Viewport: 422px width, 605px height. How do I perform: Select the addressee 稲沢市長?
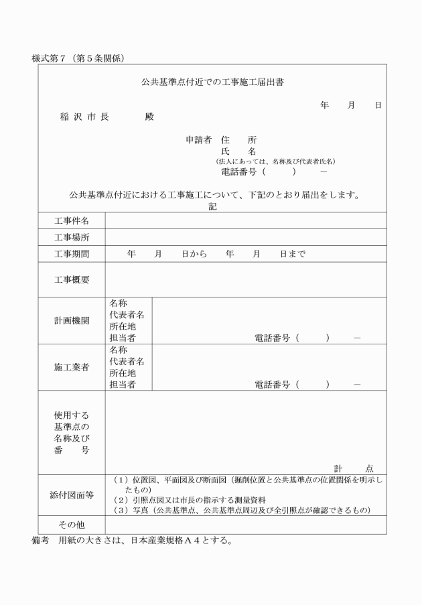click(84, 117)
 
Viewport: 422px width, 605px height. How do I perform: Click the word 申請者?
click(198, 140)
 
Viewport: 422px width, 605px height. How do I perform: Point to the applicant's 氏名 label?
click(238, 151)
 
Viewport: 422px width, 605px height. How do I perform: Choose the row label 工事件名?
click(72, 220)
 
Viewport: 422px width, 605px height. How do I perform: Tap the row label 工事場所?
click(72, 237)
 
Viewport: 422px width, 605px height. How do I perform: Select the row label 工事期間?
click(72, 254)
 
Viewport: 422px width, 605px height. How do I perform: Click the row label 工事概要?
click(72, 279)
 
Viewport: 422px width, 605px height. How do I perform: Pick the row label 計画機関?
click(72, 320)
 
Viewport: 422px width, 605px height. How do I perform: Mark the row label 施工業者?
click(72, 367)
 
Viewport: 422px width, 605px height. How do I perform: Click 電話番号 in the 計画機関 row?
click(272, 338)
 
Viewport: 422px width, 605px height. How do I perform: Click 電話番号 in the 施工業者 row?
click(272, 385)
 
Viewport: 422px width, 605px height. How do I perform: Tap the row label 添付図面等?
click(72, 495)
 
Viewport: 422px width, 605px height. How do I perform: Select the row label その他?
click(72, 525)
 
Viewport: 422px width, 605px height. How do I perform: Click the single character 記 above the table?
click(212, 207)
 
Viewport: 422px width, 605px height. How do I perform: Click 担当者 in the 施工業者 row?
click(123, 385)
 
